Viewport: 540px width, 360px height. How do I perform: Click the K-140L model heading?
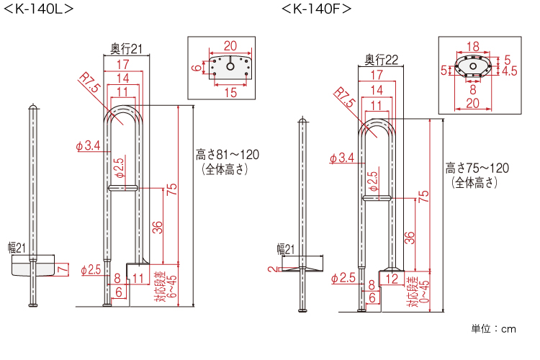[x=39, y=9]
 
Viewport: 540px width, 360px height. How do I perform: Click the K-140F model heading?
[x=317, y=9]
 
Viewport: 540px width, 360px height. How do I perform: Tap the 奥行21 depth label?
[x=127, y=48]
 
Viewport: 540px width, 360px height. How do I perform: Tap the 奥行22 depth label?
[x=381, y=60]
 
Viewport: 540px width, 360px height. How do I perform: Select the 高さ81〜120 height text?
[x=228, y=155]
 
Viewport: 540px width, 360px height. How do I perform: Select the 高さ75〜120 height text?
[x=477, y=168]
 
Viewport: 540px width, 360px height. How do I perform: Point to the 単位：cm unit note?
[x=493, y=329]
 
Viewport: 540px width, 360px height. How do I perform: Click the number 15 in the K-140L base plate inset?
[x=230, y=92]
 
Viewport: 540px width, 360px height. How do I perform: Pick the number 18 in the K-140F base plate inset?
[x=473, y=46]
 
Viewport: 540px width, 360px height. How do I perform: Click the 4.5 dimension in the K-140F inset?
[x=510, y=71]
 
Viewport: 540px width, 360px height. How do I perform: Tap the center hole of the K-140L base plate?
[x=230, y=66]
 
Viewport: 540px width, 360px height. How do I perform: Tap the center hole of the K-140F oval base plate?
[x=473, y=66]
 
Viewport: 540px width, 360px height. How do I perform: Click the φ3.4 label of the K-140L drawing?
[x=88, y=145]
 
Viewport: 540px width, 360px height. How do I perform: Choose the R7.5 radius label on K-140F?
[x=343, y=97]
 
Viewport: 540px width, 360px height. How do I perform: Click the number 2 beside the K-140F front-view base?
[x=272, y=269]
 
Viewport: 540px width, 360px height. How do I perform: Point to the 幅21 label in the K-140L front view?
[x=17, y=248]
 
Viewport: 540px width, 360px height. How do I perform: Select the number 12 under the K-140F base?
[x=392, y=279]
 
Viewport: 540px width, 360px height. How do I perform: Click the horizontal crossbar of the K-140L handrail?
[x=123, y=188]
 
